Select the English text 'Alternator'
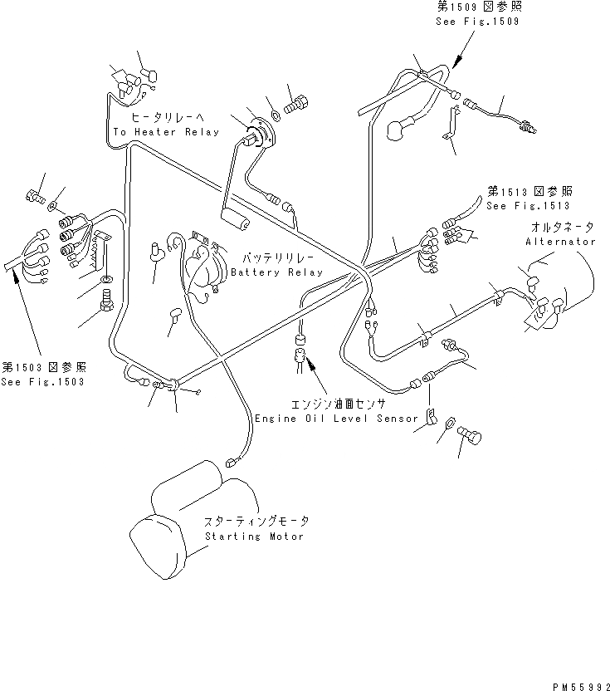click(560, 242)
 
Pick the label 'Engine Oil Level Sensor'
click(336, 419)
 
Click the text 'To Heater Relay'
click(166, 132)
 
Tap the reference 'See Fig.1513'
click(529, 205)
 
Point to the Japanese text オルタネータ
click(559, 227)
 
